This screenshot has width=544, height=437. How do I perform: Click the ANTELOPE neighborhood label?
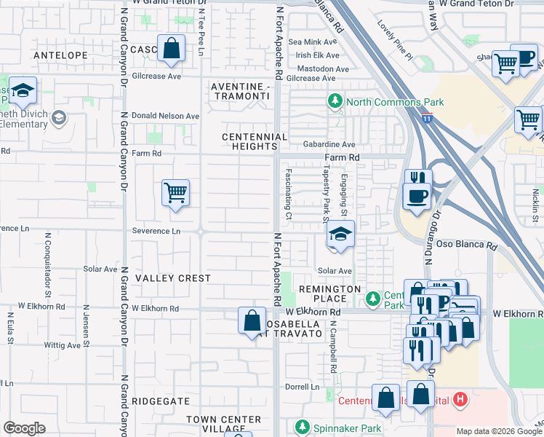point(60,55)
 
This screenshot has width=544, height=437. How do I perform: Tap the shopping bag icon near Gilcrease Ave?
point(170,50)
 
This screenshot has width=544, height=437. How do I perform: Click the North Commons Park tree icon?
point(335,102)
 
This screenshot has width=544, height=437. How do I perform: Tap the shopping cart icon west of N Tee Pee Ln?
point(175,193)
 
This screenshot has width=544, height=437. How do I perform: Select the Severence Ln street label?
point(156,231)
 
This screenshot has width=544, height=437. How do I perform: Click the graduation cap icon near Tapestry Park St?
point(340,235)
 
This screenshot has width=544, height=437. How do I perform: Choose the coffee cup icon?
point(417,196)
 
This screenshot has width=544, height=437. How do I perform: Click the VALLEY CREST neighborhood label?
point(172,278)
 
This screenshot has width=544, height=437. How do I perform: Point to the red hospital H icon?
point(460,399)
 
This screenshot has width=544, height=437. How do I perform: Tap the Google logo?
point(25,428)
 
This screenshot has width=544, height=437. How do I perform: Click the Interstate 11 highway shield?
point(426,118)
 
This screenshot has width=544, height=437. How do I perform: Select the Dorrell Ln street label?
point(303,387)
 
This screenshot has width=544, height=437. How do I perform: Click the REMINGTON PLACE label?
point(329,294)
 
